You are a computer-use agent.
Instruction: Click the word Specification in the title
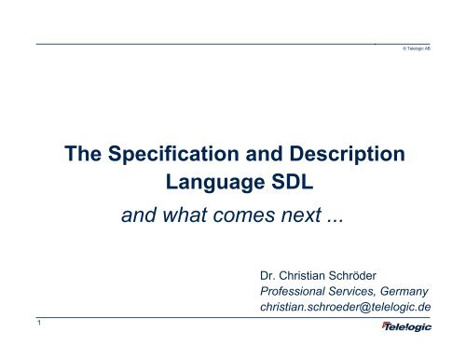172,155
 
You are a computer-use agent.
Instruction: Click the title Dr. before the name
270,277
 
